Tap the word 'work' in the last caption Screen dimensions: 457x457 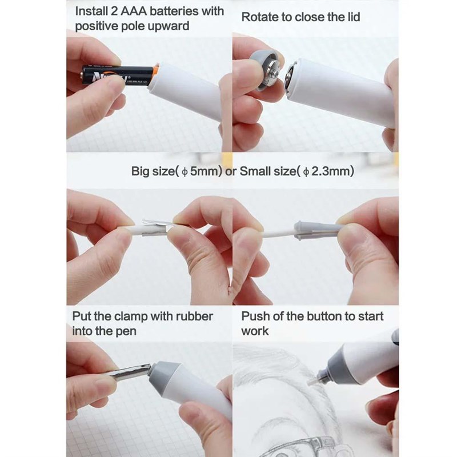point(255,331)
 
